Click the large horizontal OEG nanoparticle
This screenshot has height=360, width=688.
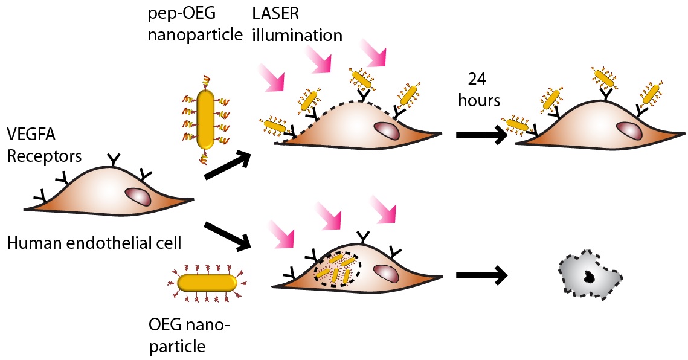coord(207,282)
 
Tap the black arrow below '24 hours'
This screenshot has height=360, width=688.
coord(481,136)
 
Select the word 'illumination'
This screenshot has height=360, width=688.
coord(297,34)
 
